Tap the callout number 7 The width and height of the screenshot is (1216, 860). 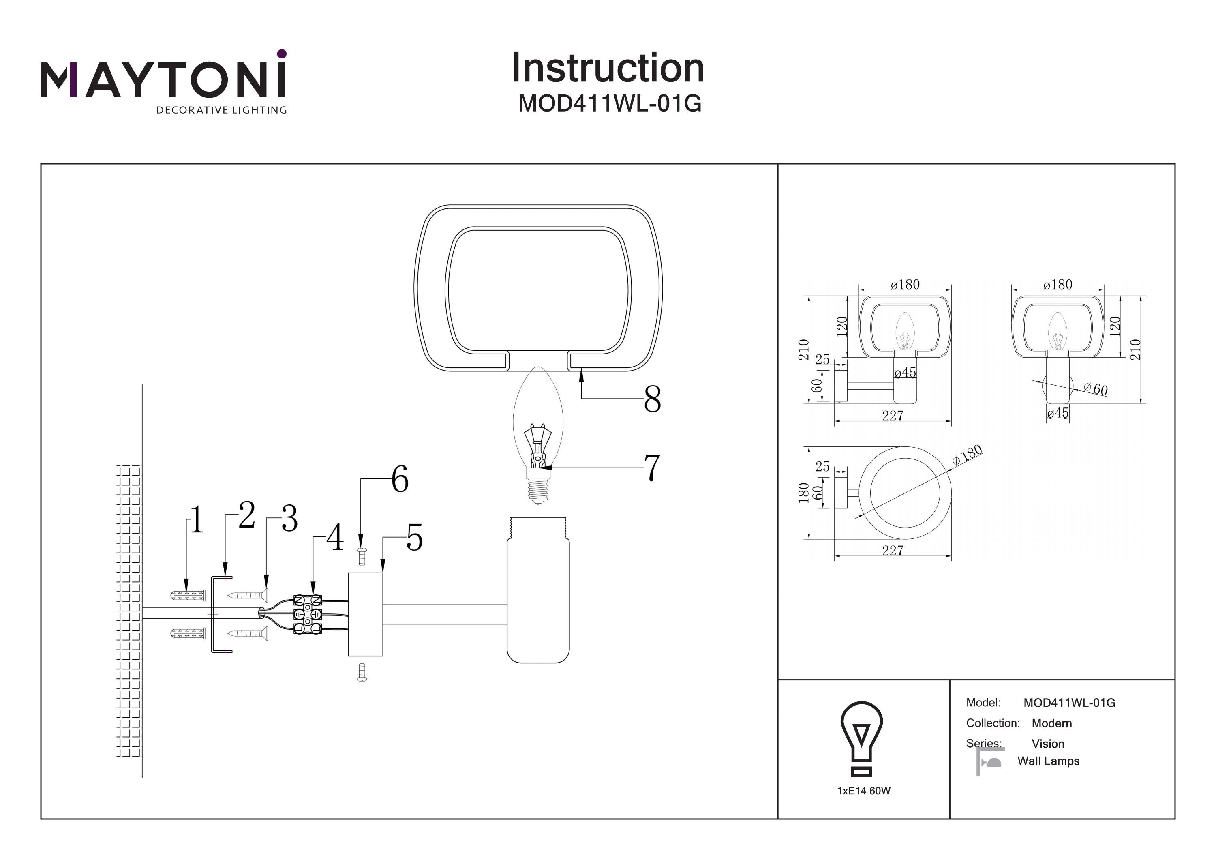(x=652, y=468)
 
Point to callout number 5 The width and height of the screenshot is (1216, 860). (x=415, y=538)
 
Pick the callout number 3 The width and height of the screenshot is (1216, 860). (x=289, y=518)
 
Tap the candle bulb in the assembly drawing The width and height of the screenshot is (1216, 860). (x=537, y=435)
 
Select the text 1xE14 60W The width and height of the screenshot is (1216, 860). (x=864, y=791)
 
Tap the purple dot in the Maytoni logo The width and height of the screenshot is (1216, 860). (x=282, y=54)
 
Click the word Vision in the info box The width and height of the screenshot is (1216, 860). (x=1047, y=743)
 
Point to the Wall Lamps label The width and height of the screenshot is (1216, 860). (x=1048, y=761)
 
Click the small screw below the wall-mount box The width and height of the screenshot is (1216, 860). (x=362, y=672)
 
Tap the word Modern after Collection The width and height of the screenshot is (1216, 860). (x=1051, y=723)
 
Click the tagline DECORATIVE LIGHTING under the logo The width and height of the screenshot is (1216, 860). (x=221, y=110)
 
